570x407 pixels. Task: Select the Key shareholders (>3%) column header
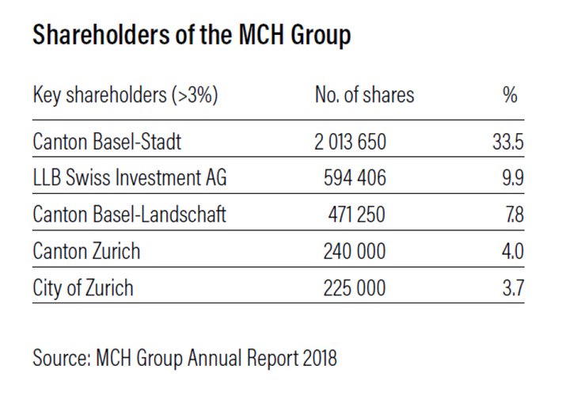(x=125, y=97)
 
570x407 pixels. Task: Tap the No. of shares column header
(x=364, y=97)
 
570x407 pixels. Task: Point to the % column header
(x=510, y=97)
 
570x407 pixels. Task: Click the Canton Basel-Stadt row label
(x=107, y=143)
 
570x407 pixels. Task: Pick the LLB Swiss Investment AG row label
(x=130, y=179)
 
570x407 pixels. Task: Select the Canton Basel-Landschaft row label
(x=130, y=215)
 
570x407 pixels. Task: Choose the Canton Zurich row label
(x=86, y=252)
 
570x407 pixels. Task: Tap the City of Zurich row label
(x=83, y=288)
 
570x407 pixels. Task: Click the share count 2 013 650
(x=348, y=143)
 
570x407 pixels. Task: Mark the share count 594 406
(x=355, y=179)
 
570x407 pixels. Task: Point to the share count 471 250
(x=356, y=215)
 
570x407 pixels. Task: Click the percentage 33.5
(x=507, y=143)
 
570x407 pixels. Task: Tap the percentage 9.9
(x=512, y=179)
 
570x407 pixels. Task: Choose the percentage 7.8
(x=512, y=215)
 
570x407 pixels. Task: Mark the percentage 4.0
(x=511, y=252)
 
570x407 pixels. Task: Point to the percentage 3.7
(x=512, y=288)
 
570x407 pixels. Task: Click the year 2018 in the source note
(x=318, y=358)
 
